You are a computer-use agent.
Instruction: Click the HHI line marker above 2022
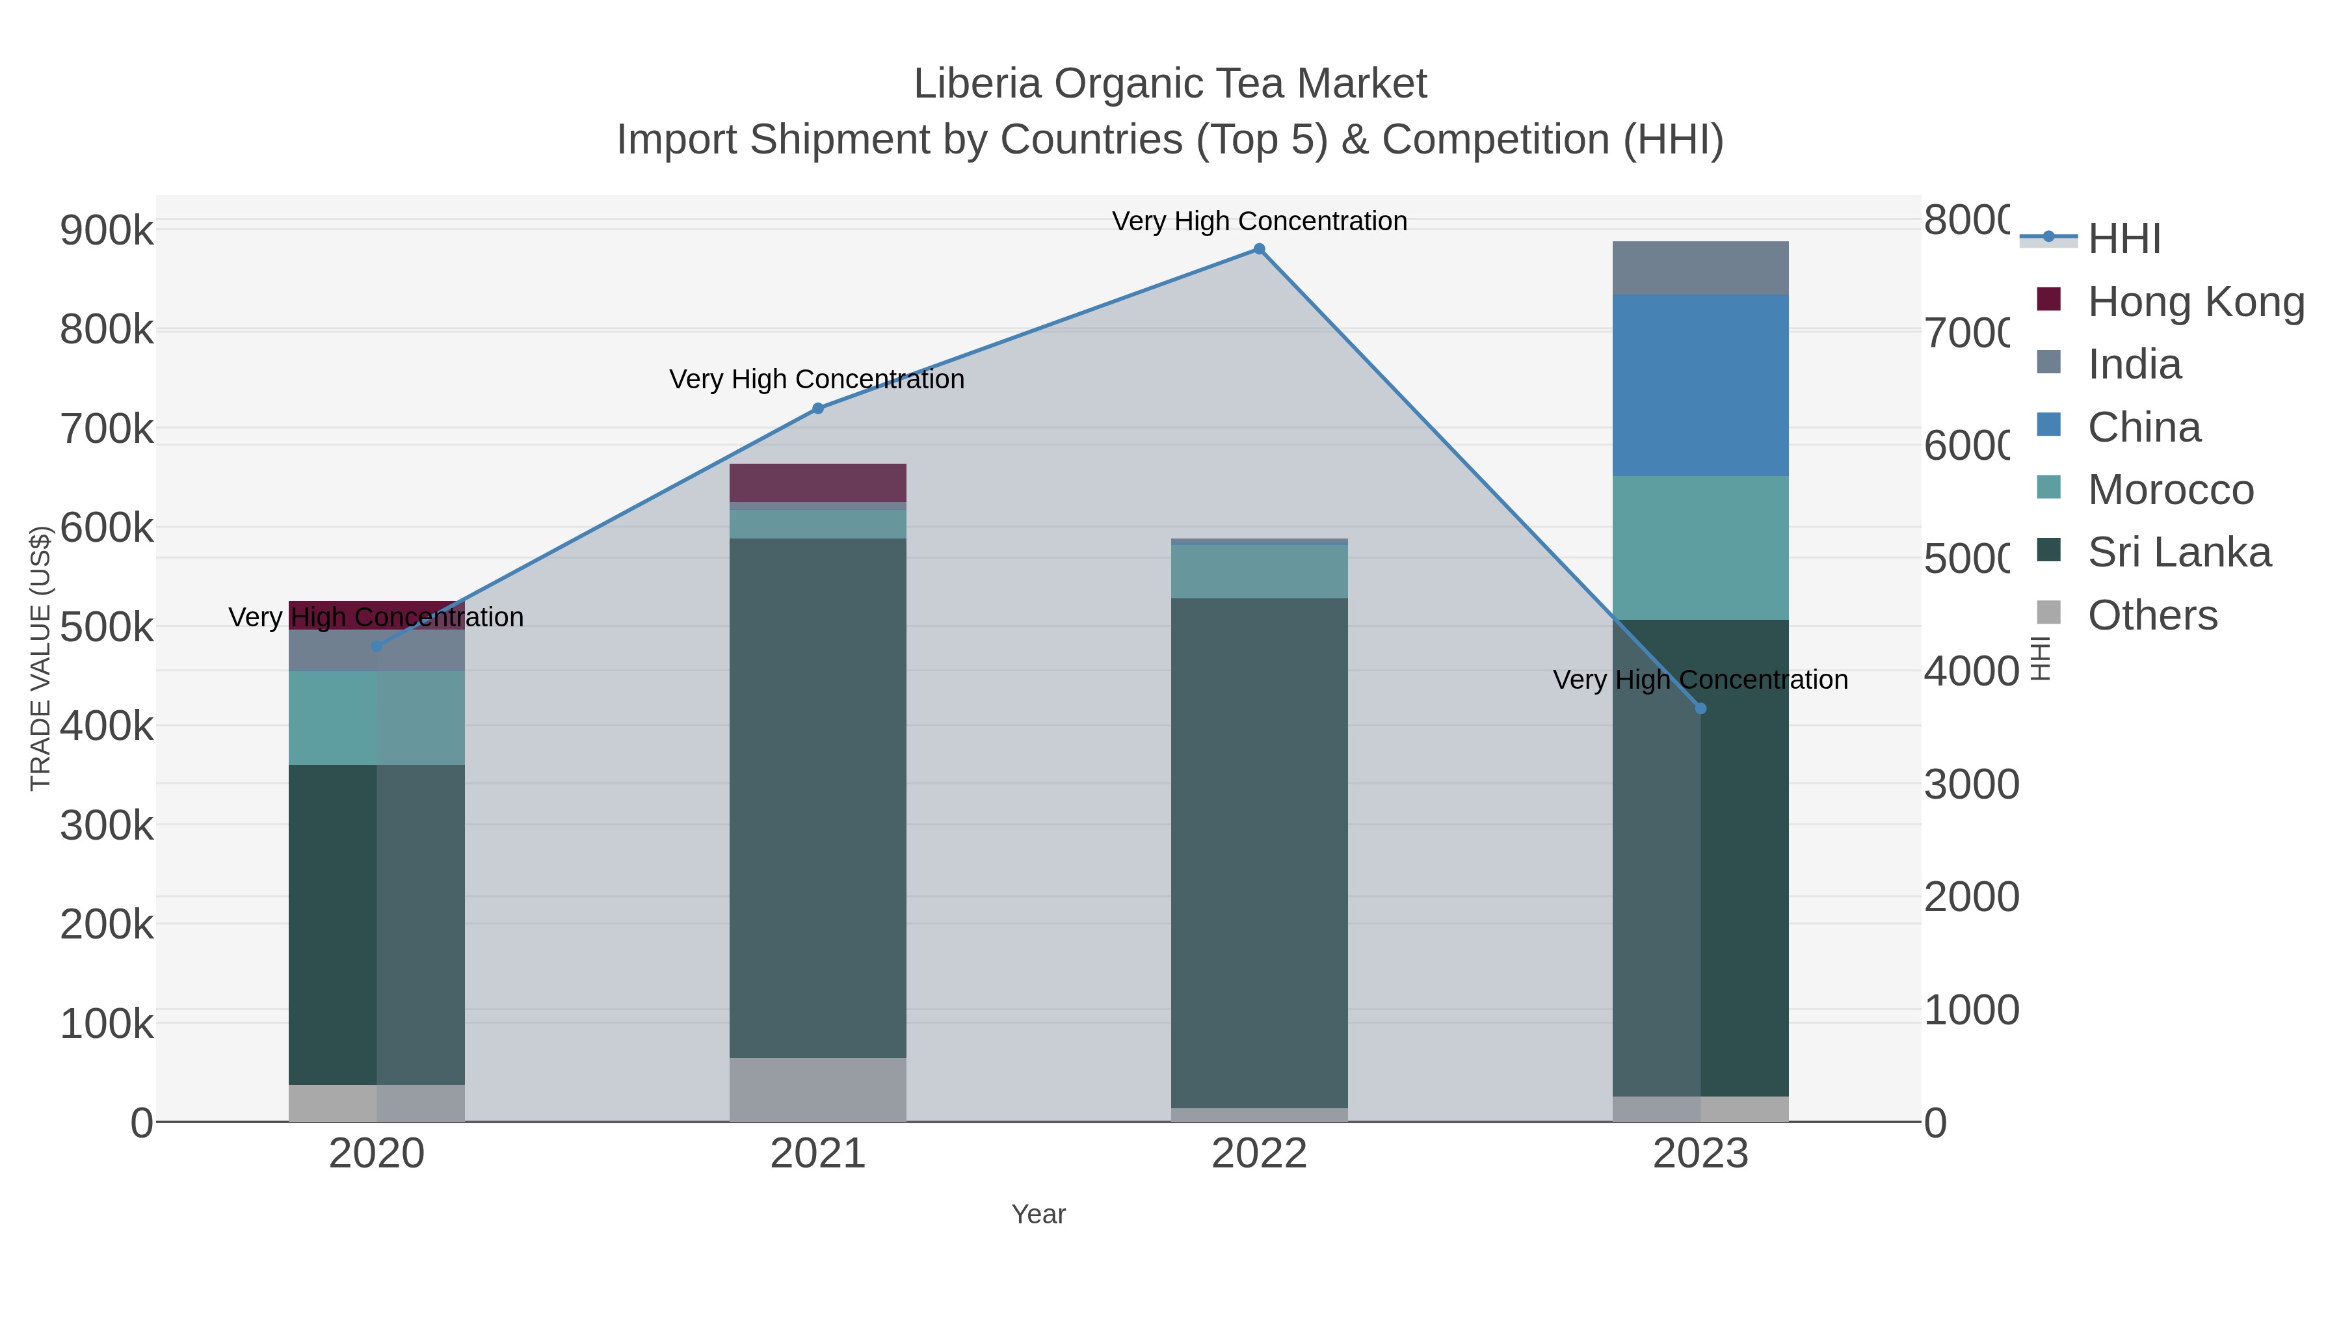(1259, 249)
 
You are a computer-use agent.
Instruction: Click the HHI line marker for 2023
(1700, 708)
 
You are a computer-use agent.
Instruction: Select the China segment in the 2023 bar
(1700, 386)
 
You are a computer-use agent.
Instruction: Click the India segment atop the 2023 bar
(1700, 268)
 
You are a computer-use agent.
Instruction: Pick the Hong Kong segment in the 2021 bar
(817, 483)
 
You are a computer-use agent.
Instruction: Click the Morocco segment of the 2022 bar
(1259, 572)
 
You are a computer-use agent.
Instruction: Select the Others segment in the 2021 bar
(817, 1089)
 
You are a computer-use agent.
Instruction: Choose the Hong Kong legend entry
(2195, 302)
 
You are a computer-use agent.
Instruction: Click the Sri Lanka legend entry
(2178, 553)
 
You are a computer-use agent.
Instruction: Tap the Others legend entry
(2151, 615)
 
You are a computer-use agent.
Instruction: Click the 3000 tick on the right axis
(1970, 784)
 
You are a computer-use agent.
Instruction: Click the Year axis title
(1038, 1214)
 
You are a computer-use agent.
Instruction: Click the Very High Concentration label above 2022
(1259, 221)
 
